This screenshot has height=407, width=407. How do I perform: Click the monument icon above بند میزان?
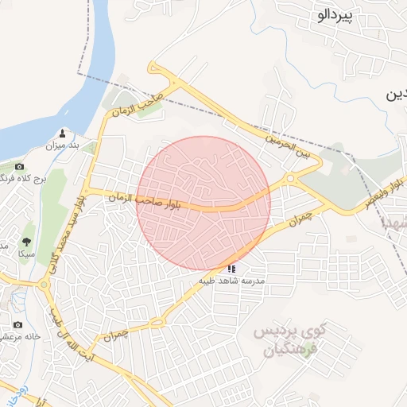pos(63,132)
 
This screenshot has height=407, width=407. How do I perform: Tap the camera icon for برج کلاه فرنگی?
pos(19,167)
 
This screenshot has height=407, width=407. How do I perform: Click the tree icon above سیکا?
pos(27,241)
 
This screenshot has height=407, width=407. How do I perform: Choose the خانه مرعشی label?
pos(20,336)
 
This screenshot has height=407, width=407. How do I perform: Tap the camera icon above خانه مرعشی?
pos(18,324)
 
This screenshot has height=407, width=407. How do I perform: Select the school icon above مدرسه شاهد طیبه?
pos(231,269)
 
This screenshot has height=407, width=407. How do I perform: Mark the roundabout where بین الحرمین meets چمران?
pos(289,180)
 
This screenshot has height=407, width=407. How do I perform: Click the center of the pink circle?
pos(204,203)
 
